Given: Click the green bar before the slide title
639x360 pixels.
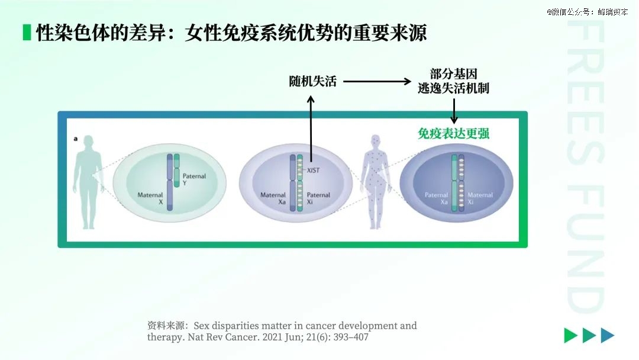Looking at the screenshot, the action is [x=27, y=33].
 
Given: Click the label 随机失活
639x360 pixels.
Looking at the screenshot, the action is [x=312, y=82].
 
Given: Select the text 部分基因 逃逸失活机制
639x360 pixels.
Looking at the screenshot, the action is [x=453, y=81].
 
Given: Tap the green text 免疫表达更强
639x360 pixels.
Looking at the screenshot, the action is [x=453, y=133].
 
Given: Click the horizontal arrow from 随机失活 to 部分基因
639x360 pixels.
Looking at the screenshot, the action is [x=377, y=82].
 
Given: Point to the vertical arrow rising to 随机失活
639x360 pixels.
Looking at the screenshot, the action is [x=311, y=129].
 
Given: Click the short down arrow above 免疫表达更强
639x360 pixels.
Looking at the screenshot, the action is [x=454, y=111].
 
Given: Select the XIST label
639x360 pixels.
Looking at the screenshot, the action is [x=313, y=171].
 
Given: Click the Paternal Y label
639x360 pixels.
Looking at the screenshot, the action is [x=194, y=179].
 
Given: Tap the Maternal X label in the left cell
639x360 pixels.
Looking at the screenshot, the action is [x=150, y=198].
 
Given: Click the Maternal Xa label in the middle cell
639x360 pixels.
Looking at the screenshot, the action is [x=273, y=198].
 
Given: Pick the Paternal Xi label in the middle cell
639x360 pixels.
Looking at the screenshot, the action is [x=318, y=198].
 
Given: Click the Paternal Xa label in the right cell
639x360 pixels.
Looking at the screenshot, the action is [x=436, y=198].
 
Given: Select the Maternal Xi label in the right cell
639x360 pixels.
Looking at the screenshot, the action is [x=480, y=198].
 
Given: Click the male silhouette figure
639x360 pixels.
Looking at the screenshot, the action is [x=88, y=182].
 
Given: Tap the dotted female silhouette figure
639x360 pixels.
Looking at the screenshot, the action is [x=375, y=182].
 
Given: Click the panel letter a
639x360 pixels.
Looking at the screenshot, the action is [x=75, y=139].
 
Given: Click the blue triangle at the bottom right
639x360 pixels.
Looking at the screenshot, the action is [x=607, y=335].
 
